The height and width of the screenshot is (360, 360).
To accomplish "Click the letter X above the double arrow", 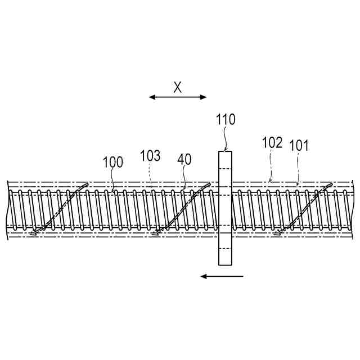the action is coord(178,87).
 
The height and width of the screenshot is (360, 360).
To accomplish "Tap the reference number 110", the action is coord(226,119).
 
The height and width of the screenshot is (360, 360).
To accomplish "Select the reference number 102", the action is coord(272,142).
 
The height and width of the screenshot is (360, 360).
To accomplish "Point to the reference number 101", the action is coord(299,146).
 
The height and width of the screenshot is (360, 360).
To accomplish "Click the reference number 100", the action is coord(112,163).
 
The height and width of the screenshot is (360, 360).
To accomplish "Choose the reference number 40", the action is coord(184,159).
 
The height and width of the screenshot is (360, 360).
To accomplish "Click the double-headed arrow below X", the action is coord(178,97).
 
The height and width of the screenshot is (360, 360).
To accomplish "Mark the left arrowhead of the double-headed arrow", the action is coord(152,97).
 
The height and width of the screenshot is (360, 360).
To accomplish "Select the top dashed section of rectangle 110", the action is coord(225,160).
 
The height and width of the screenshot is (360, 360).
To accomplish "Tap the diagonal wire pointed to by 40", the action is coord(181,208).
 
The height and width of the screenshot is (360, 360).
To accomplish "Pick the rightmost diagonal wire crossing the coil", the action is coord(304,208).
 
